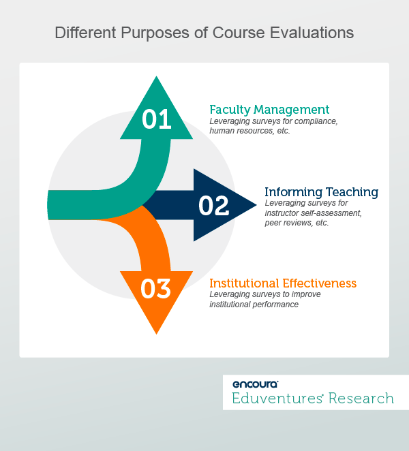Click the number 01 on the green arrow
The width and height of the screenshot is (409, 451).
(x=156, y=119)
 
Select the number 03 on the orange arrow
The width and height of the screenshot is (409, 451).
(x=155, y=289)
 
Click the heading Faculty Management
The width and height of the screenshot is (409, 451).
(x=269, y=109)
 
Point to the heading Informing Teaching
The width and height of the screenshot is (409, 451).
(x=321, y=191)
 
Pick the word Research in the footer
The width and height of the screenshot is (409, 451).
(x=361, y=398)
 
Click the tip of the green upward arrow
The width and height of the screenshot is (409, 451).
(x=156, y=78)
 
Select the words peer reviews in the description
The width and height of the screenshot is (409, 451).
(x=284, y=223)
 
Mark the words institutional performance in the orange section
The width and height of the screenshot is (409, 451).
(x=254, y=304)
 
